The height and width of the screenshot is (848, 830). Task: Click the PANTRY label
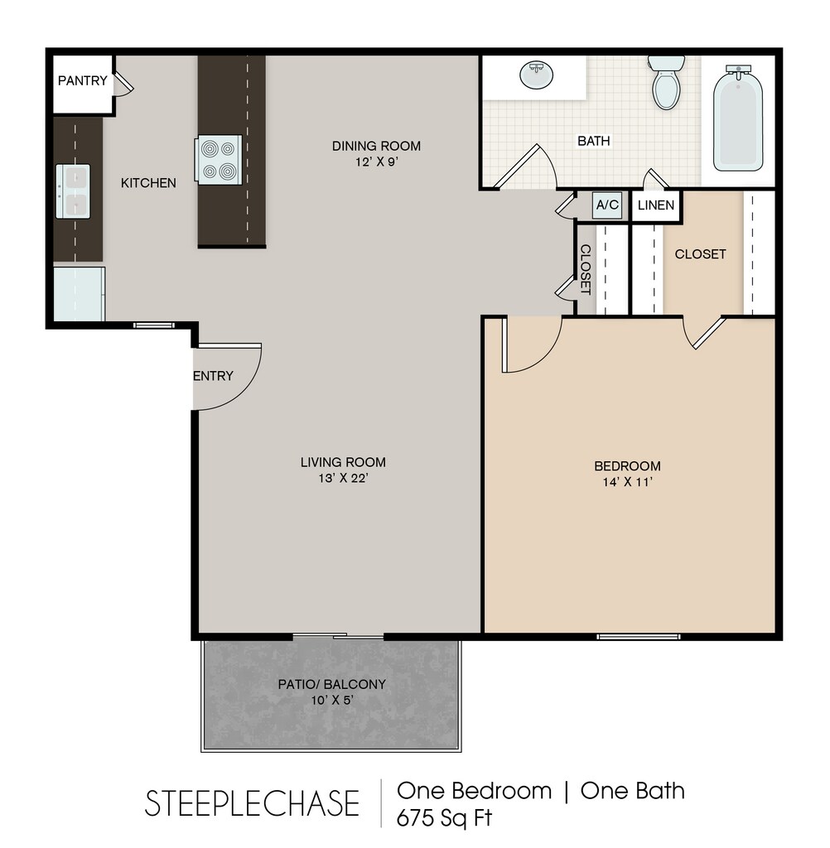[x=82, y=80]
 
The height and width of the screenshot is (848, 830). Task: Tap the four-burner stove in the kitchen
[x=220, y=160]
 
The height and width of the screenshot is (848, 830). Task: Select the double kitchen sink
[x=73, y=191]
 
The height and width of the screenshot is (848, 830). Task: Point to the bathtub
[x=738, y=118]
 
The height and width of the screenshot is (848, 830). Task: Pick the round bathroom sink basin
[x=537, y=75]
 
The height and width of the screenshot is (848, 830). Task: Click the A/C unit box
[x=607, y=205]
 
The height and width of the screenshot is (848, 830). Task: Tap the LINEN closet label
[x=656, y=205]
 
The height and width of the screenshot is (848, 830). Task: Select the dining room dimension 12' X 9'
[x=377, y=161]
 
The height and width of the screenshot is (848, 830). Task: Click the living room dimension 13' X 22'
[x=344, y=478]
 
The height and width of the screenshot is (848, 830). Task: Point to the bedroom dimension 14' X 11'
[x=628, y=482]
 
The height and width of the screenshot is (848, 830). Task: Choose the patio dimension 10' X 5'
[x=332, y=701]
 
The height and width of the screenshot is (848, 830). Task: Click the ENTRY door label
[x=214, y=376]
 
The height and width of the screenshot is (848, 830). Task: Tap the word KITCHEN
[x=148, y=183]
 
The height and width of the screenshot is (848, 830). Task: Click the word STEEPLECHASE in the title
[x=252, y=803]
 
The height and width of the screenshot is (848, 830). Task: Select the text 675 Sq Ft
[x=444, y=817]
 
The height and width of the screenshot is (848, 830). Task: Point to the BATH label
[x=594, y=141]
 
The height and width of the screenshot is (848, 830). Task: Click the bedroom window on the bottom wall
[x=639, y=637]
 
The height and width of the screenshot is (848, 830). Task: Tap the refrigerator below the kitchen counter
[x=79, y=294]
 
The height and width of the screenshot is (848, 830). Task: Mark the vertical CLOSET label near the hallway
[x=586, y=269]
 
